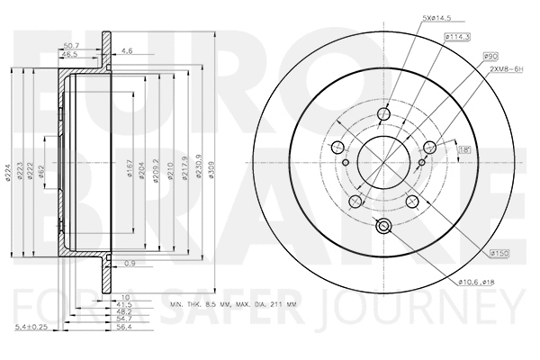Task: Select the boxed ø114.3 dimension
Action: point(457,37)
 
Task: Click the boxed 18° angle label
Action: point(464,149)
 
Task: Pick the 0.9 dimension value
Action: point(130,263)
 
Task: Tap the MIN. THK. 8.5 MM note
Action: point(208,307)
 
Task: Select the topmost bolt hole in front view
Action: point(383,115)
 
